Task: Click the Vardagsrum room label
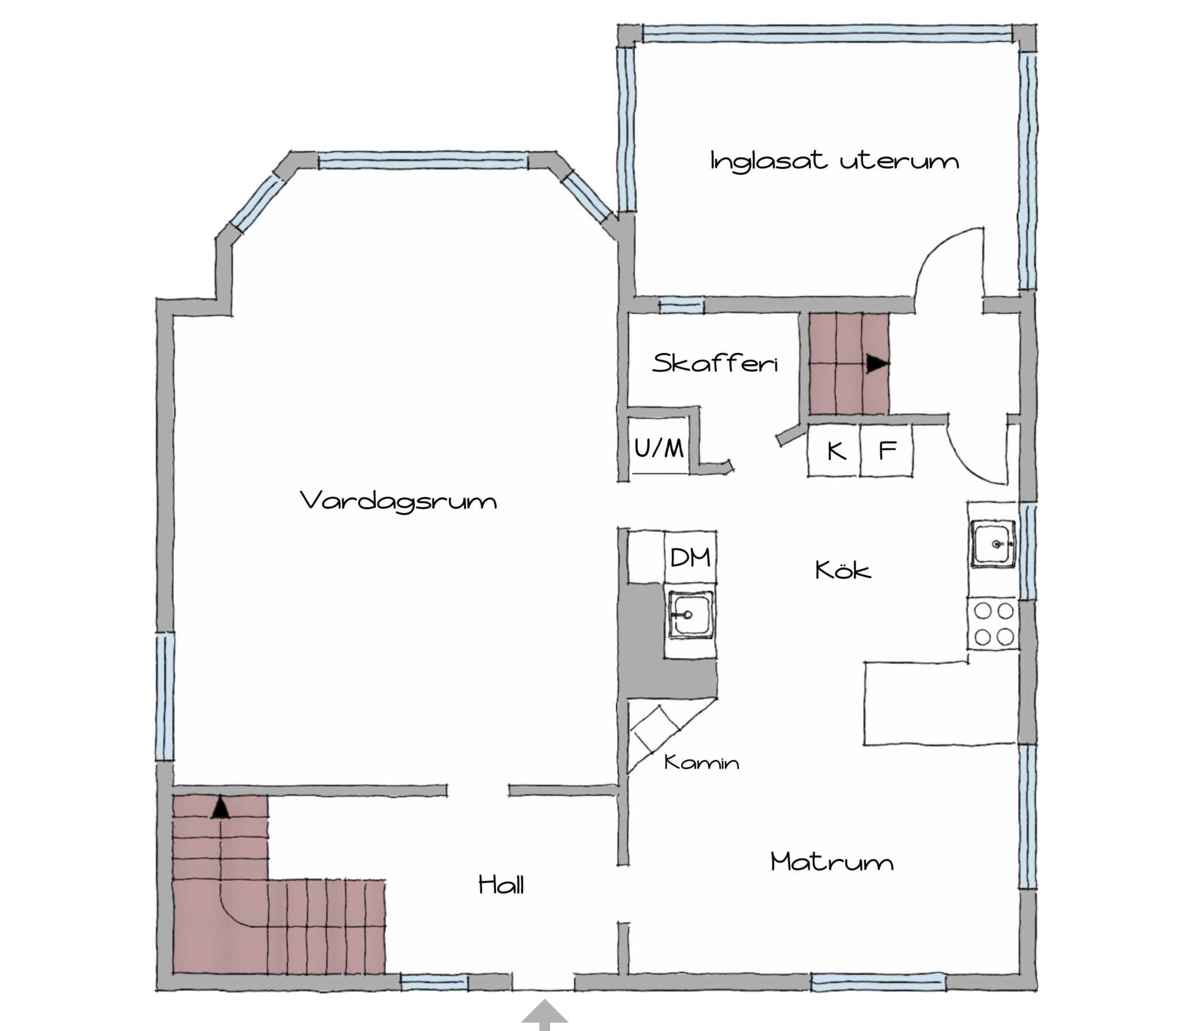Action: [399, 501]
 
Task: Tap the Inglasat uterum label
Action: [834, 160]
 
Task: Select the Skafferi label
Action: [715, 363]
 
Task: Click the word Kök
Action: [843, 570]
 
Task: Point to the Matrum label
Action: [832, 862]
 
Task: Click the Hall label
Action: [501, 884]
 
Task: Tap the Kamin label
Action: [701, 763]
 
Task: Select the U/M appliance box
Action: [659, 447]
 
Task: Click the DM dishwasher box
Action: [690, 557]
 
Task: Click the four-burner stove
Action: [994, 624]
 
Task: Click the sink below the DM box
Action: [691, 615]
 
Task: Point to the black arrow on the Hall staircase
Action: [220, 808]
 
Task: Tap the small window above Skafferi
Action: [681, 305]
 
